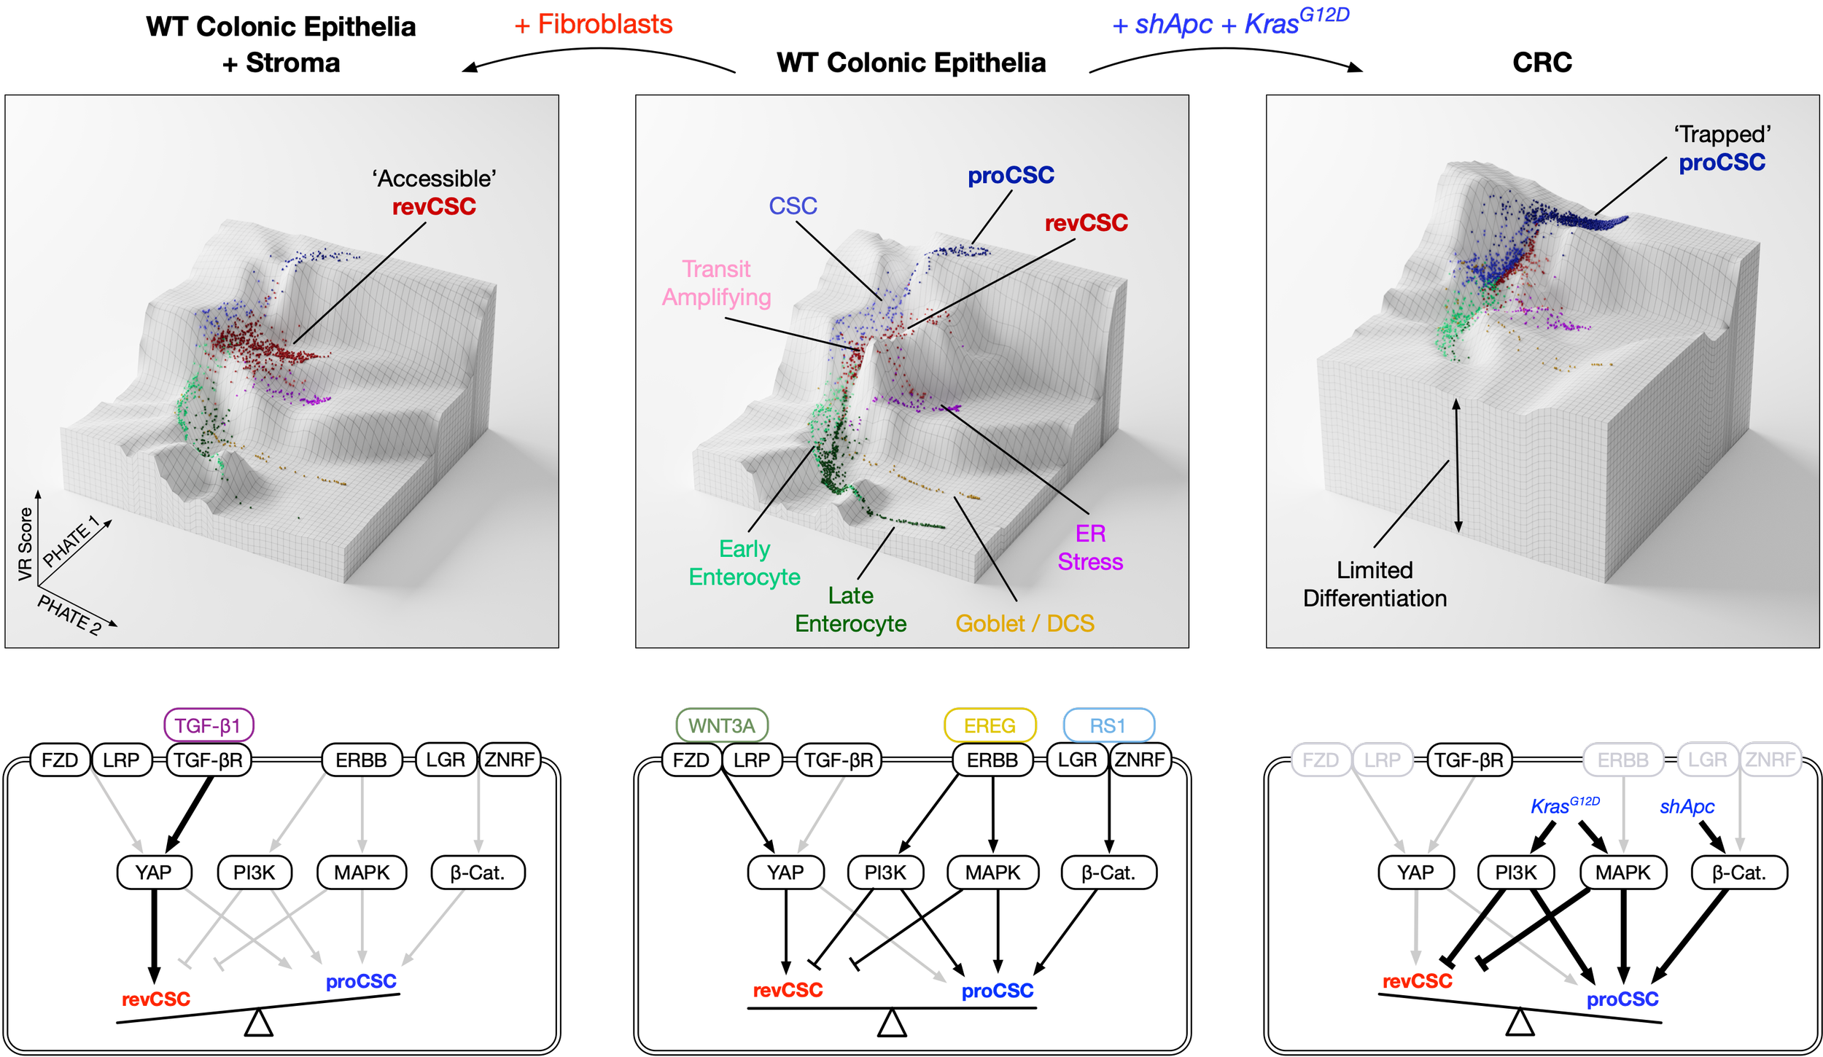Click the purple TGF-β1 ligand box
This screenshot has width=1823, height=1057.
[x=209, y=725]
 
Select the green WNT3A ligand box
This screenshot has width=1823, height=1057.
[x=722, y=725]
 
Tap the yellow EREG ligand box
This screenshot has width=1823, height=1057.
[x=990, y=725]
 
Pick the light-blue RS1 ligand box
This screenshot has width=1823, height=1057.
[x=1108, y=725]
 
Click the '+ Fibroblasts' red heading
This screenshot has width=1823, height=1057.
[x=594, y=25]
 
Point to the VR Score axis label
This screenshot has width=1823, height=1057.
[x=25, y=544]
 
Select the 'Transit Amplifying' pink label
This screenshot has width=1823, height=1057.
[x=716, y=283]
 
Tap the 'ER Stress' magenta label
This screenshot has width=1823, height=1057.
[x=1090, y=547]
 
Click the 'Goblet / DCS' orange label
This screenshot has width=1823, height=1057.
[x=1025, y=623]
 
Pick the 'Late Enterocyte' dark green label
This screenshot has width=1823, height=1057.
[x=850, y=609]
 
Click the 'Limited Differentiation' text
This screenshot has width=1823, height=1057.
[x=1375, y=584]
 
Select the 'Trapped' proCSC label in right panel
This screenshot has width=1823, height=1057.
[x=1722, y=149]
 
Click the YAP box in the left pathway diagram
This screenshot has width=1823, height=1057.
[x=154, y=872]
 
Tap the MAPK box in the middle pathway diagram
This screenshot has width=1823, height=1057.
[x=992, y=872]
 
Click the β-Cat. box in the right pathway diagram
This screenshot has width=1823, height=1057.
[x=1738, y=872]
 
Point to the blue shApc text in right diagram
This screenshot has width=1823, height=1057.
[x=1687, y=806]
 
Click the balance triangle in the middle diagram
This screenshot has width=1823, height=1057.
[x=892, y=1023]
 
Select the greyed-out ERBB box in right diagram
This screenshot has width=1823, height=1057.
[x=1622, y=760]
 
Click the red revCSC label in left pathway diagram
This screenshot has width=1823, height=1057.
[x=155, y=999]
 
